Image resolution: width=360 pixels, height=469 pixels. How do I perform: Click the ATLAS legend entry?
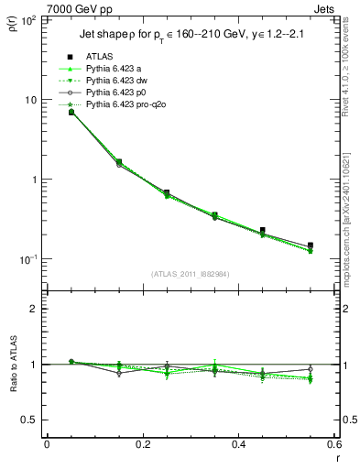[x=100, y=56]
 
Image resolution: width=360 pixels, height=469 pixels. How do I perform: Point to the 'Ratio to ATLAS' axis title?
[x=13, y=364]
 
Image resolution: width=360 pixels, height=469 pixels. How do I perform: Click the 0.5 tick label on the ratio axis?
[x=28, y=420]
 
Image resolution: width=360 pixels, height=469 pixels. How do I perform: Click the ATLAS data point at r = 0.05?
[x=71, y=112]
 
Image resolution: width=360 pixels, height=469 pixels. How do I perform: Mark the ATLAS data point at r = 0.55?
[x=311, y=245]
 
